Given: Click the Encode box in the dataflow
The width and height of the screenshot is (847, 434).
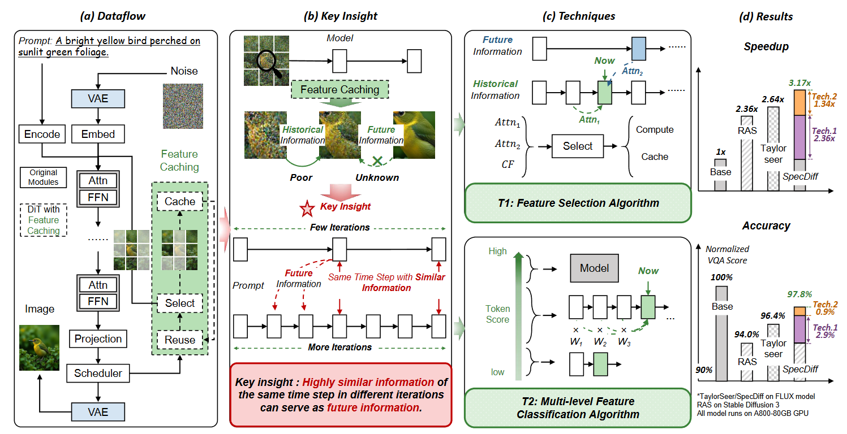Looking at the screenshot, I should (42, 134).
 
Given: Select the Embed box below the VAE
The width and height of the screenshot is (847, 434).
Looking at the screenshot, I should (98, 134).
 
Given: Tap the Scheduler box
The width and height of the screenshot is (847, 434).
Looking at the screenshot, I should (98, 373).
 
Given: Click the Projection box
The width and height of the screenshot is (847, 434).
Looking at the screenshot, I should (98, 339).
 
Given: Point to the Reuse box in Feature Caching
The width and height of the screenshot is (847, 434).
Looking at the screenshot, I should (180, 340).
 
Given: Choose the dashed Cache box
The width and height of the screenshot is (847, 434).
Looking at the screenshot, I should (180, 202).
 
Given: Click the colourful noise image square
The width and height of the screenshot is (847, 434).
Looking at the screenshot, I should (178, 106).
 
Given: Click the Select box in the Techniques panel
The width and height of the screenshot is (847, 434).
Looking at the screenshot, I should (578, 146).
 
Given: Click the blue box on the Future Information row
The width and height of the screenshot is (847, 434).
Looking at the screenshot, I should (639, 49).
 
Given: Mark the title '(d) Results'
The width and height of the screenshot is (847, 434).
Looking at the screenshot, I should (766, 16).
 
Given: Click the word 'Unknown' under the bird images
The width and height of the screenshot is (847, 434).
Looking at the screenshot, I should (377, 177).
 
